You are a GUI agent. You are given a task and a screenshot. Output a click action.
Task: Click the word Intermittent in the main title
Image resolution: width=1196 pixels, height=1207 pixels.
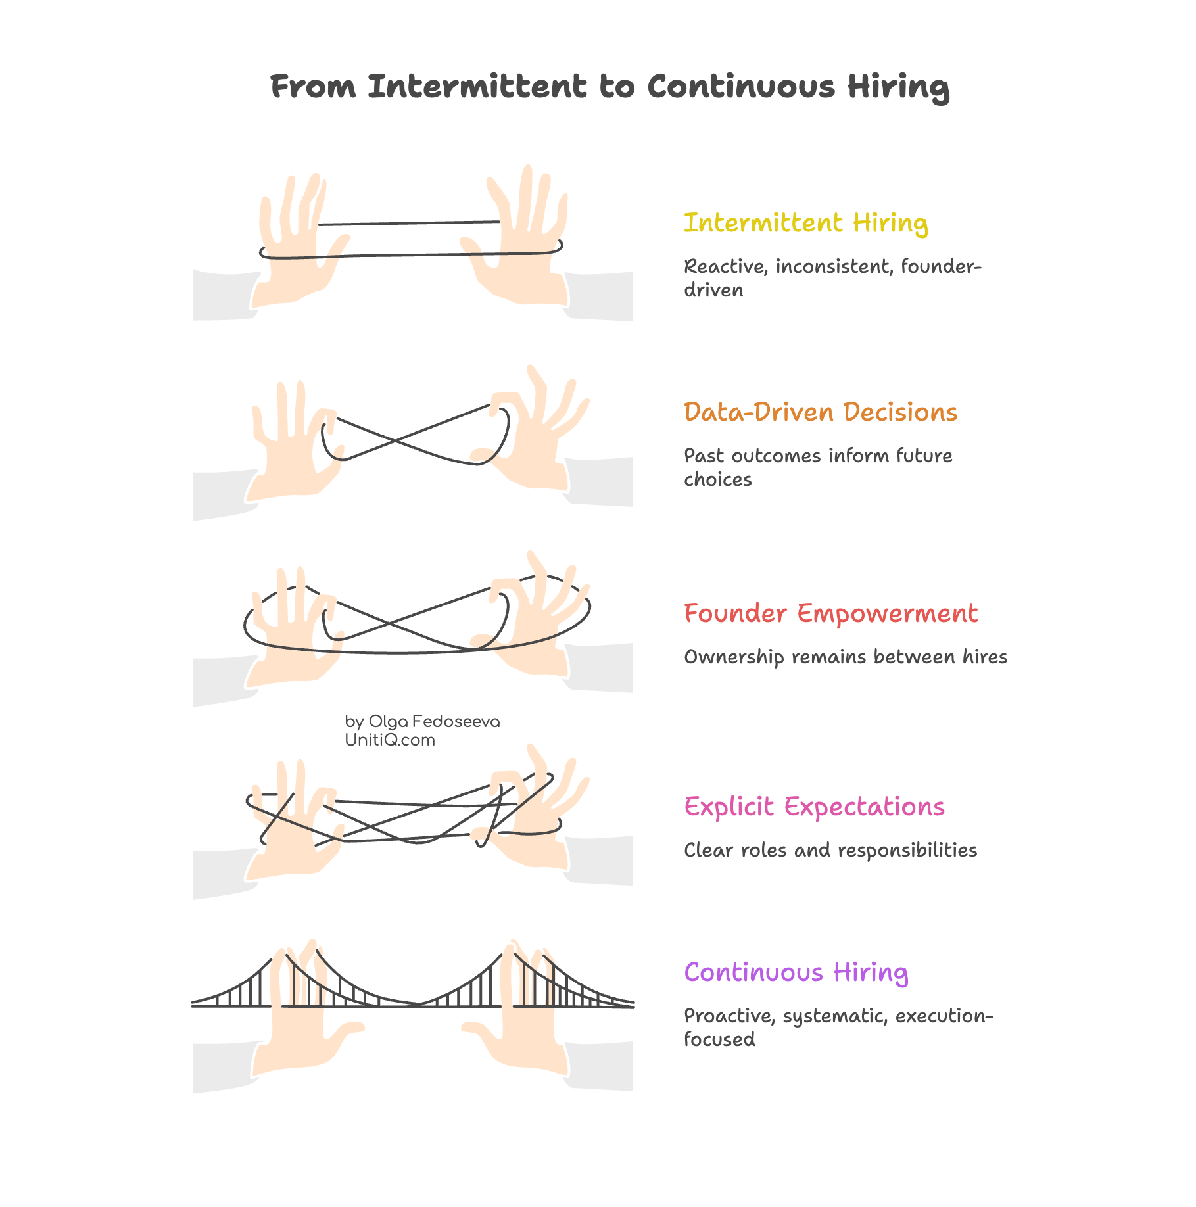coord(477,87)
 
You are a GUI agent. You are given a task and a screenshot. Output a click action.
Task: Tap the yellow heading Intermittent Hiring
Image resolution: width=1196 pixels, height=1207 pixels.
coord(805,224)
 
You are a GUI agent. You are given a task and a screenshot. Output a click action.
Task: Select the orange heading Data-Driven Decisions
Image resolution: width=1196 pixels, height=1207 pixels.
coord(820,413)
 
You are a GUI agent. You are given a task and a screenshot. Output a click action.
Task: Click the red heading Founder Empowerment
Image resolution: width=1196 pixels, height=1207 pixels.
coord(830,614)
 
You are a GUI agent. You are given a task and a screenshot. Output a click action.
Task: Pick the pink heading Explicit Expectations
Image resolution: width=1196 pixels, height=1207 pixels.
coord(814,807)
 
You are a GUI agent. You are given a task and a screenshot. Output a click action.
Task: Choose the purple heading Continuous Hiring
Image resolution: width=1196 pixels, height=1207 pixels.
coord(796,973)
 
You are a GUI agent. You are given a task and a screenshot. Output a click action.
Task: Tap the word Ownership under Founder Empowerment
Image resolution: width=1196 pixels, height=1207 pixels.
coord(734,657)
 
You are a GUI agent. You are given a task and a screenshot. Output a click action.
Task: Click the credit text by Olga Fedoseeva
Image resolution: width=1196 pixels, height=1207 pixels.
coord(422,722)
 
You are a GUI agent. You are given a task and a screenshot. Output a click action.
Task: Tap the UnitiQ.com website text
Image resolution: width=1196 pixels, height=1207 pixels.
coord(390,740)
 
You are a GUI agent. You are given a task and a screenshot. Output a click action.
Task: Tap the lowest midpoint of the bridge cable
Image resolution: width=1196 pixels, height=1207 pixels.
coord(418,1003)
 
